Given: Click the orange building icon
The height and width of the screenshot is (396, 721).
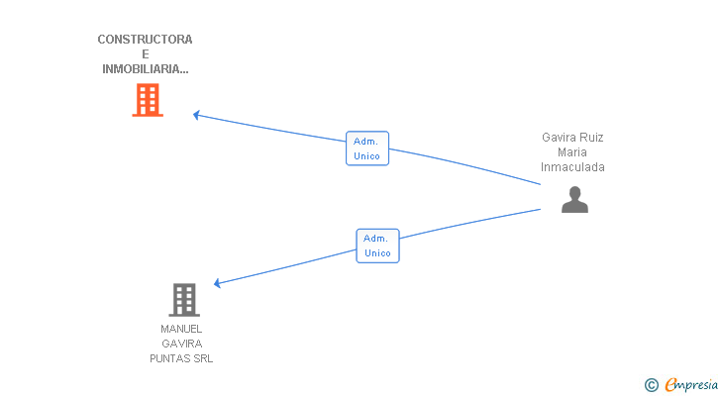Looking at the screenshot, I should click(x=148, y=100).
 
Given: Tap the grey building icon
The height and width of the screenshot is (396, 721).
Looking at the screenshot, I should click(x=183, y=299).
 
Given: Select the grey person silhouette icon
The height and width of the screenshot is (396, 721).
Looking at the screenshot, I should click(x=574, y=200).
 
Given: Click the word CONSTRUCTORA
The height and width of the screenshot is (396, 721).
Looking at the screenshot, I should click(x=145, y=40).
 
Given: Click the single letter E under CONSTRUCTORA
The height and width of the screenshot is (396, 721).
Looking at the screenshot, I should click(x=145, y=54).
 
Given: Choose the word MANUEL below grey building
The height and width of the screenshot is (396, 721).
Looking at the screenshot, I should click(x=181, y=329).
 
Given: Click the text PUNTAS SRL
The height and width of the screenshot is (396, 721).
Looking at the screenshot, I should click(x=181, y=358).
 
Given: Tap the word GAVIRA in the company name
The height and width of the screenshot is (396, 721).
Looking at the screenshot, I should click(x=181, y=344).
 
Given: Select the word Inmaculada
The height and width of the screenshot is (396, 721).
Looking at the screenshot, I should click(x=572, y=167).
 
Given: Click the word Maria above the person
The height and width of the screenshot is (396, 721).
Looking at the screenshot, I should click(x=572, y=152).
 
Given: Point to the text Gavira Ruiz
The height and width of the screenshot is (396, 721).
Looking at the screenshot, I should click(x=572, y=138).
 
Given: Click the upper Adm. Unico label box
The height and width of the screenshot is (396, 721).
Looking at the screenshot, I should click(x=366, y=148).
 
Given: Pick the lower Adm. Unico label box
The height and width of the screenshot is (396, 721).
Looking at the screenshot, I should click(x=377, y=246).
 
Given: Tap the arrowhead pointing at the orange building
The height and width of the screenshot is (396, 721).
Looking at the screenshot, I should click(x=196, y=115).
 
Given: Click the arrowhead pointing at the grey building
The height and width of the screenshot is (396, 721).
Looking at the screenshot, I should click(x=218, y=284).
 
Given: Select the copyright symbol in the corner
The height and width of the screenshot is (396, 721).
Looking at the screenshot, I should click(x=651, y=385).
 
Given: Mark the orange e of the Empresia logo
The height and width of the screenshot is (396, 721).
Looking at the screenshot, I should click(x=670, y=385).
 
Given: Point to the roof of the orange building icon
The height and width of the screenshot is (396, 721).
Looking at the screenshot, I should click(x=148, y=86).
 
